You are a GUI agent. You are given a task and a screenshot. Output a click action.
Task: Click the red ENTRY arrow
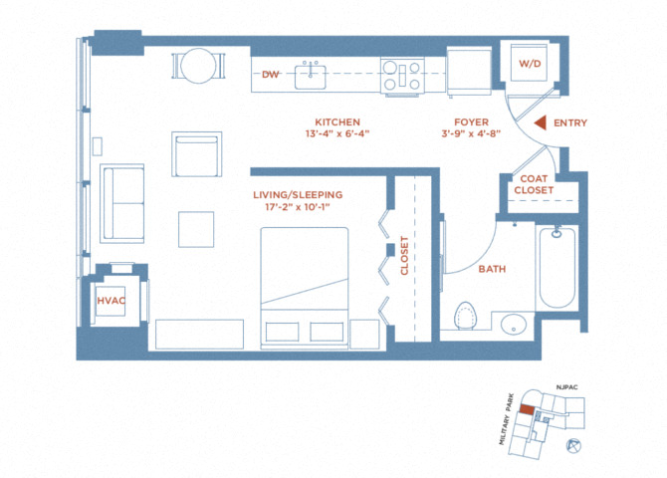click(541, 123)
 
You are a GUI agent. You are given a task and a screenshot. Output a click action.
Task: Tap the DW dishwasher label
click(270, 75)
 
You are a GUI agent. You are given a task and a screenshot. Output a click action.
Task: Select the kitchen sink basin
click(311, 77)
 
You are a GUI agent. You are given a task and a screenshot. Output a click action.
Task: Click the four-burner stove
click(402, 76)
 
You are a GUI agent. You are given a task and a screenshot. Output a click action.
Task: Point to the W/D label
click(530, 64)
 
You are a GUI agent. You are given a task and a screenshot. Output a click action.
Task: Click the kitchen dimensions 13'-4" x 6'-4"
click(337, 133)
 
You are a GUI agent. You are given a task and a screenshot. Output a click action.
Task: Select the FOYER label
click(471, 122)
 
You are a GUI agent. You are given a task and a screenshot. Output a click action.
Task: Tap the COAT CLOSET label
click(534, 184)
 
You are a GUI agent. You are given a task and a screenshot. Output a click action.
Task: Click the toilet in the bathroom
click(465, 316)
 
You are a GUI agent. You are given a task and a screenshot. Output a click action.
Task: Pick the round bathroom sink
click(514, 325)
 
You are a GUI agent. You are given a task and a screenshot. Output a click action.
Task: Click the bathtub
click(557, 267)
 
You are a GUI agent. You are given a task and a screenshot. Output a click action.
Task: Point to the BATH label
click(492, 269)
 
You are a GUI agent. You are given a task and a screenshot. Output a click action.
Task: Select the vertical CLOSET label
click(404, 255)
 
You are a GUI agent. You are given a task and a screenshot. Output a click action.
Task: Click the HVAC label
click(111, 301)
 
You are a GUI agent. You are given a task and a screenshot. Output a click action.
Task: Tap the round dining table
click(198, 66)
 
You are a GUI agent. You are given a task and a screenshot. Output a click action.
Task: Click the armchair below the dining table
click(196, 154)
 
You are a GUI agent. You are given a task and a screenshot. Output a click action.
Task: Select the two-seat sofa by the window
click(122, 203)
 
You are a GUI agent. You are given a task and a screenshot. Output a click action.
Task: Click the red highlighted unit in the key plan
click(527, 409)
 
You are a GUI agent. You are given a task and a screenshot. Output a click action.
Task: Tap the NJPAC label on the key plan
click(566, 387)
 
